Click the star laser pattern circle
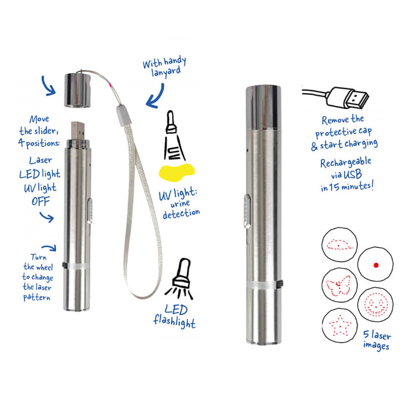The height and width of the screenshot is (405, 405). click(340, 326)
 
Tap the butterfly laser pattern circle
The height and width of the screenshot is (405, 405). click(339, 285)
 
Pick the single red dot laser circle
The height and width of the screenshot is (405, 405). click(375, 264)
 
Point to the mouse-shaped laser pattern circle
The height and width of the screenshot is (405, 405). click(339, 245)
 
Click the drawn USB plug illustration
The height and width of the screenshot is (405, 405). click(336, 98)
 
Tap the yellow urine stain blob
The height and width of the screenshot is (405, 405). click(176, 172)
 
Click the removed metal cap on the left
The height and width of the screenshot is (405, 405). click(77, 90)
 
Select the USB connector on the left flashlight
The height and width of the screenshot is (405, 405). click(78, 131)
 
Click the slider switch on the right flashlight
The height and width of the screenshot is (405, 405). click(247, 211)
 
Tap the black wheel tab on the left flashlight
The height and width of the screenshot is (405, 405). click(65, 265)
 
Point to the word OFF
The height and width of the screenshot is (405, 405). click(41, 201)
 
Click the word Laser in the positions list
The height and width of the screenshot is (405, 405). click(40, 160)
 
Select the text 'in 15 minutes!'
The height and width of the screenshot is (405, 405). click(347, 186)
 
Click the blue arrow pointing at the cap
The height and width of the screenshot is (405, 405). click(48, 86)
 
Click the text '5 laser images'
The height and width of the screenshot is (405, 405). click(377, 340)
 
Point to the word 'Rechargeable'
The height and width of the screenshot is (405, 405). click(346, 163)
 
